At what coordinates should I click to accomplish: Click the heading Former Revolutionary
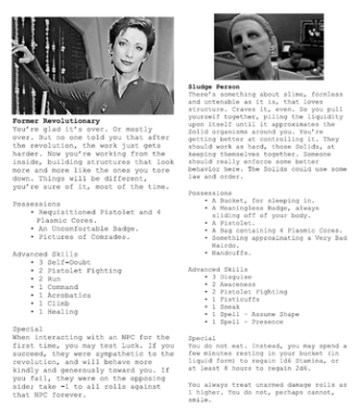55,122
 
